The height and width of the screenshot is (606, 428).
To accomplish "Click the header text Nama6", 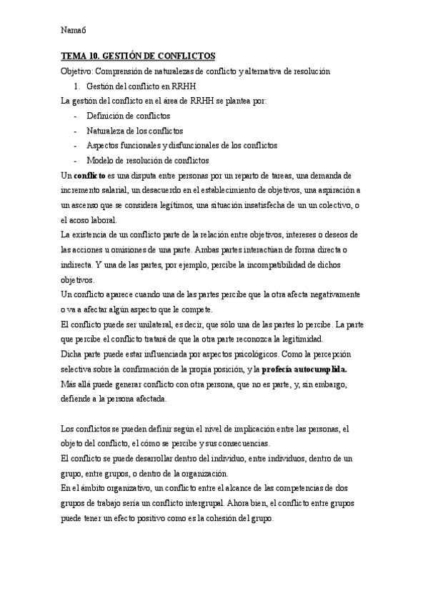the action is [x=74, y=30].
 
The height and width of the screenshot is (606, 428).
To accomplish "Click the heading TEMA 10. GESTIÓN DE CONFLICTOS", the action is [x=137, y=56].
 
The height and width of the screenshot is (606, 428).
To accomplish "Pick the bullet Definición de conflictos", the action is [x=128, y=116].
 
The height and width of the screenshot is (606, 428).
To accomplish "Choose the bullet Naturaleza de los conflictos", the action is [x=134, y=131].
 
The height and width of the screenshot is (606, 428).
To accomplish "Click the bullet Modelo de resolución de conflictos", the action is [x=147, y=160].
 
